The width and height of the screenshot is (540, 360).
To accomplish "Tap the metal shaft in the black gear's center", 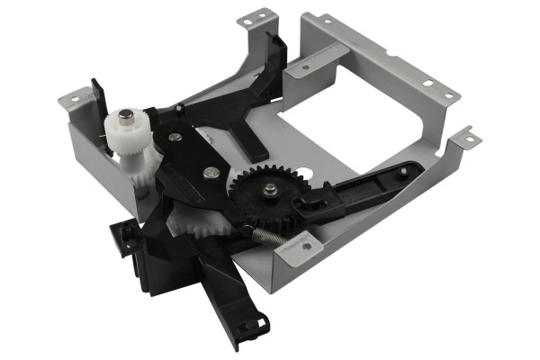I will coord(270,189).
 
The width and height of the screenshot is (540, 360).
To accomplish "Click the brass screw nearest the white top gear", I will coord(175,137).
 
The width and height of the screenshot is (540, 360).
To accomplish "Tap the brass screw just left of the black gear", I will coord(210,173).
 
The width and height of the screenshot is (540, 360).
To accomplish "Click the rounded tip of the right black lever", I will coord(412,168).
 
